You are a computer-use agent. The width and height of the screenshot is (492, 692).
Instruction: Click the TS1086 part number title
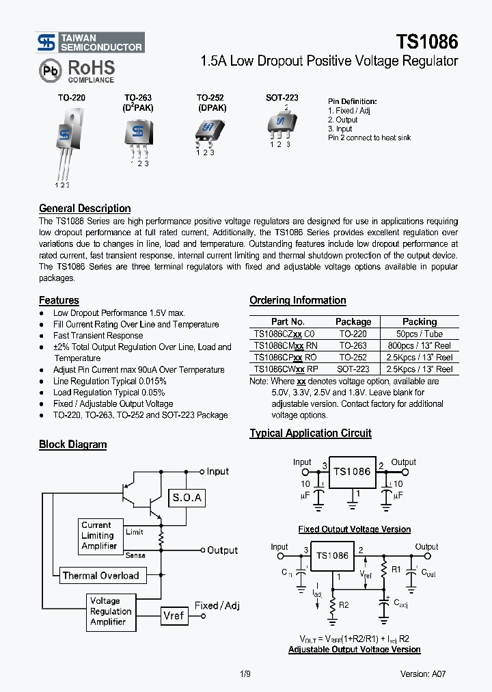(x=427, y=42)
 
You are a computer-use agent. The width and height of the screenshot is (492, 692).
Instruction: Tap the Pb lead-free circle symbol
(x=49, y=70)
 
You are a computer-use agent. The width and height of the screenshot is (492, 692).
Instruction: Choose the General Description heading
(x=85, y=209)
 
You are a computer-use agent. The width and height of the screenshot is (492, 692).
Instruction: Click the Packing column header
(x=419, y=321)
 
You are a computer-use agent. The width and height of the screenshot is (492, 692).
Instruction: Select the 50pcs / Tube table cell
(x=419, y=334)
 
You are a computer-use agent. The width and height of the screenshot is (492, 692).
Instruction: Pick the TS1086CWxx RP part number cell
(x=286, y=369)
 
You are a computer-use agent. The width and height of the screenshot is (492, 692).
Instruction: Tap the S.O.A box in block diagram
(x=187, y=498)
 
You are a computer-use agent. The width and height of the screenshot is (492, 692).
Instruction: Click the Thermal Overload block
(x=100, y=576)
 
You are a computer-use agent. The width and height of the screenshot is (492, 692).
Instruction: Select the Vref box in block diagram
(x=174, y=615)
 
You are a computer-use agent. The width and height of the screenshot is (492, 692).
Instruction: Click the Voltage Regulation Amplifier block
(x=111, y=611)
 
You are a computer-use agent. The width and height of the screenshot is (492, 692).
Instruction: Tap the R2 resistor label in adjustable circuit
(x=344, y=606)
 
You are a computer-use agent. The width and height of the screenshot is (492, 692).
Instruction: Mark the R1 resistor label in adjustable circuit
(x=396, y=569)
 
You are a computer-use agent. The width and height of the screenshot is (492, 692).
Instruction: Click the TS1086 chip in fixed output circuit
(x=352, y=472)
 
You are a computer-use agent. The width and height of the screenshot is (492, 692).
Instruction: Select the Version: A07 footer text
(x=423, y=674)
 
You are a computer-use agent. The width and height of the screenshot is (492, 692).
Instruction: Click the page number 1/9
(x=245, y=674)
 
